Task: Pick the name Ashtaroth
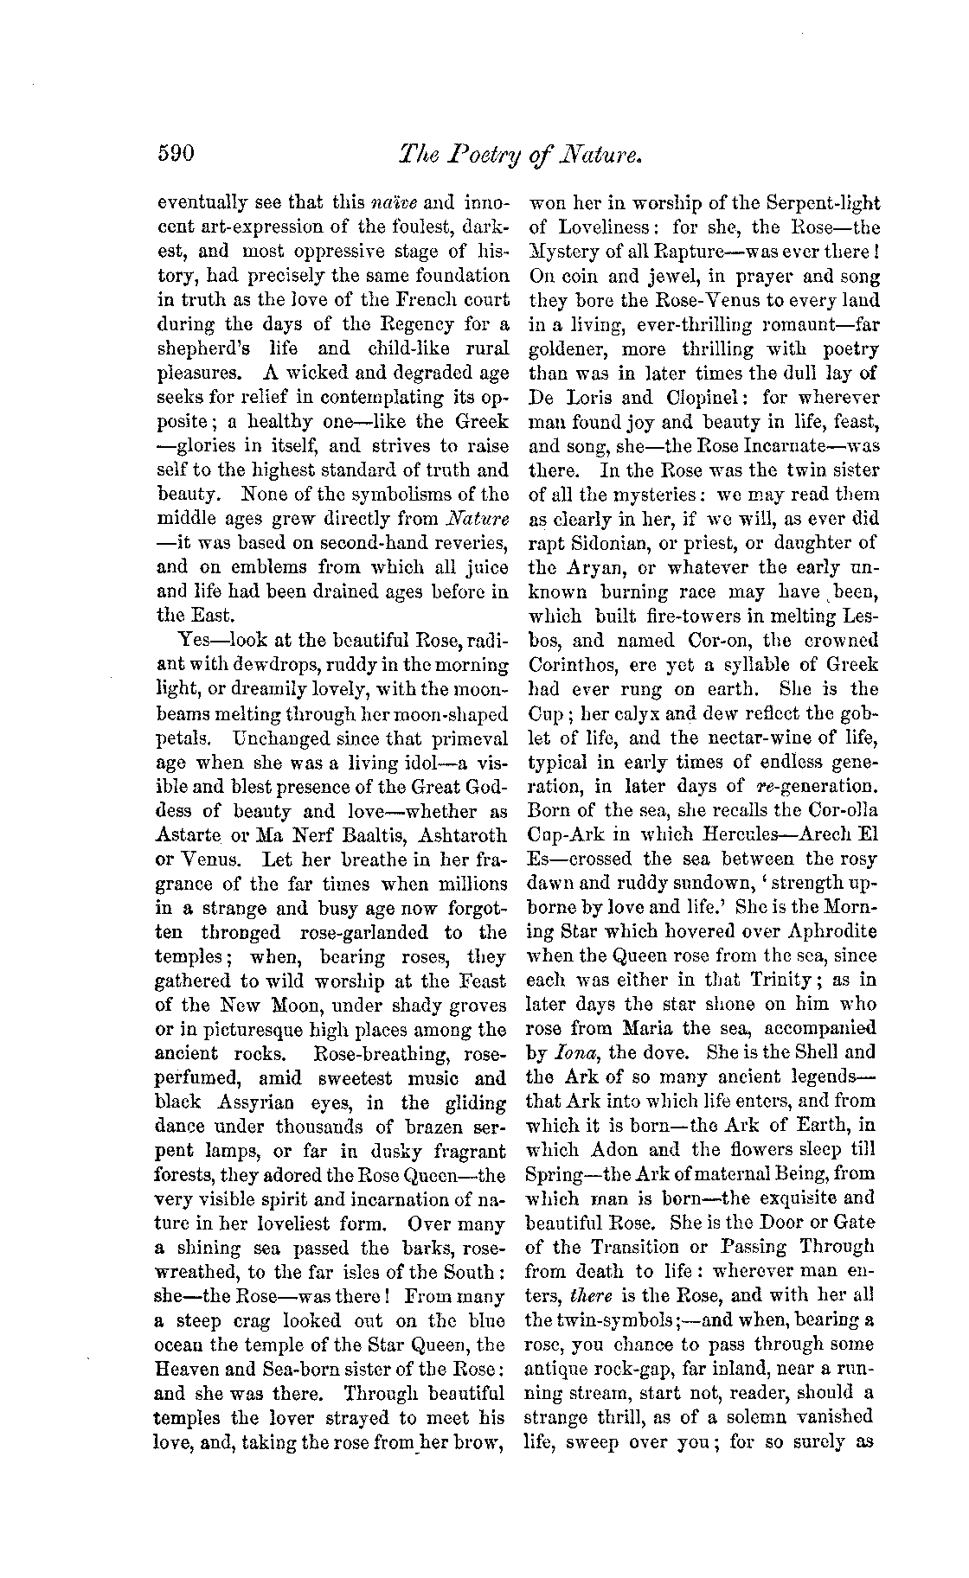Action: (x=455, y=836)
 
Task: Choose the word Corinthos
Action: (x=573, y=665)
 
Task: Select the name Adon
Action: (x=614, y=1150)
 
